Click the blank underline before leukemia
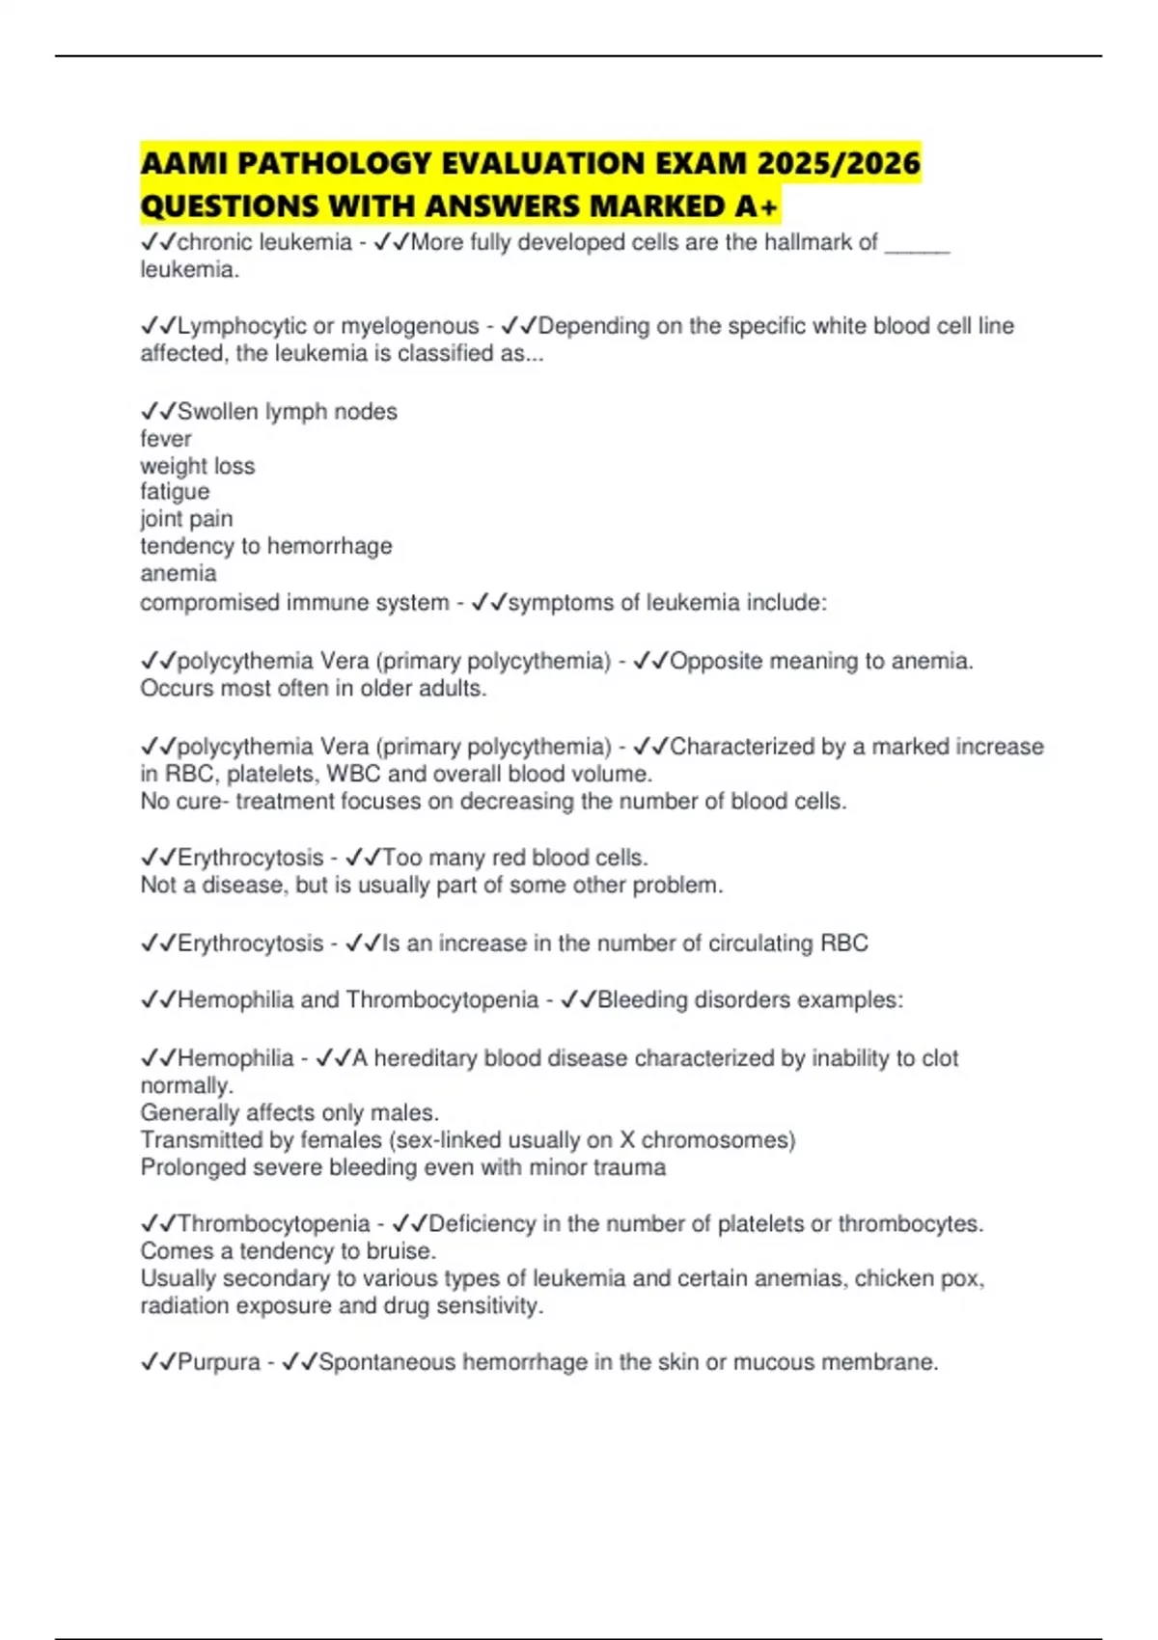[x=918, y=243]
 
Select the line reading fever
[x=166, y=439]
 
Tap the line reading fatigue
[x=175, y=492]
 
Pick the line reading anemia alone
[x=179, y=574]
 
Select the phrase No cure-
[x=184, y=802]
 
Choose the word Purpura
[x=219, y=1362]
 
